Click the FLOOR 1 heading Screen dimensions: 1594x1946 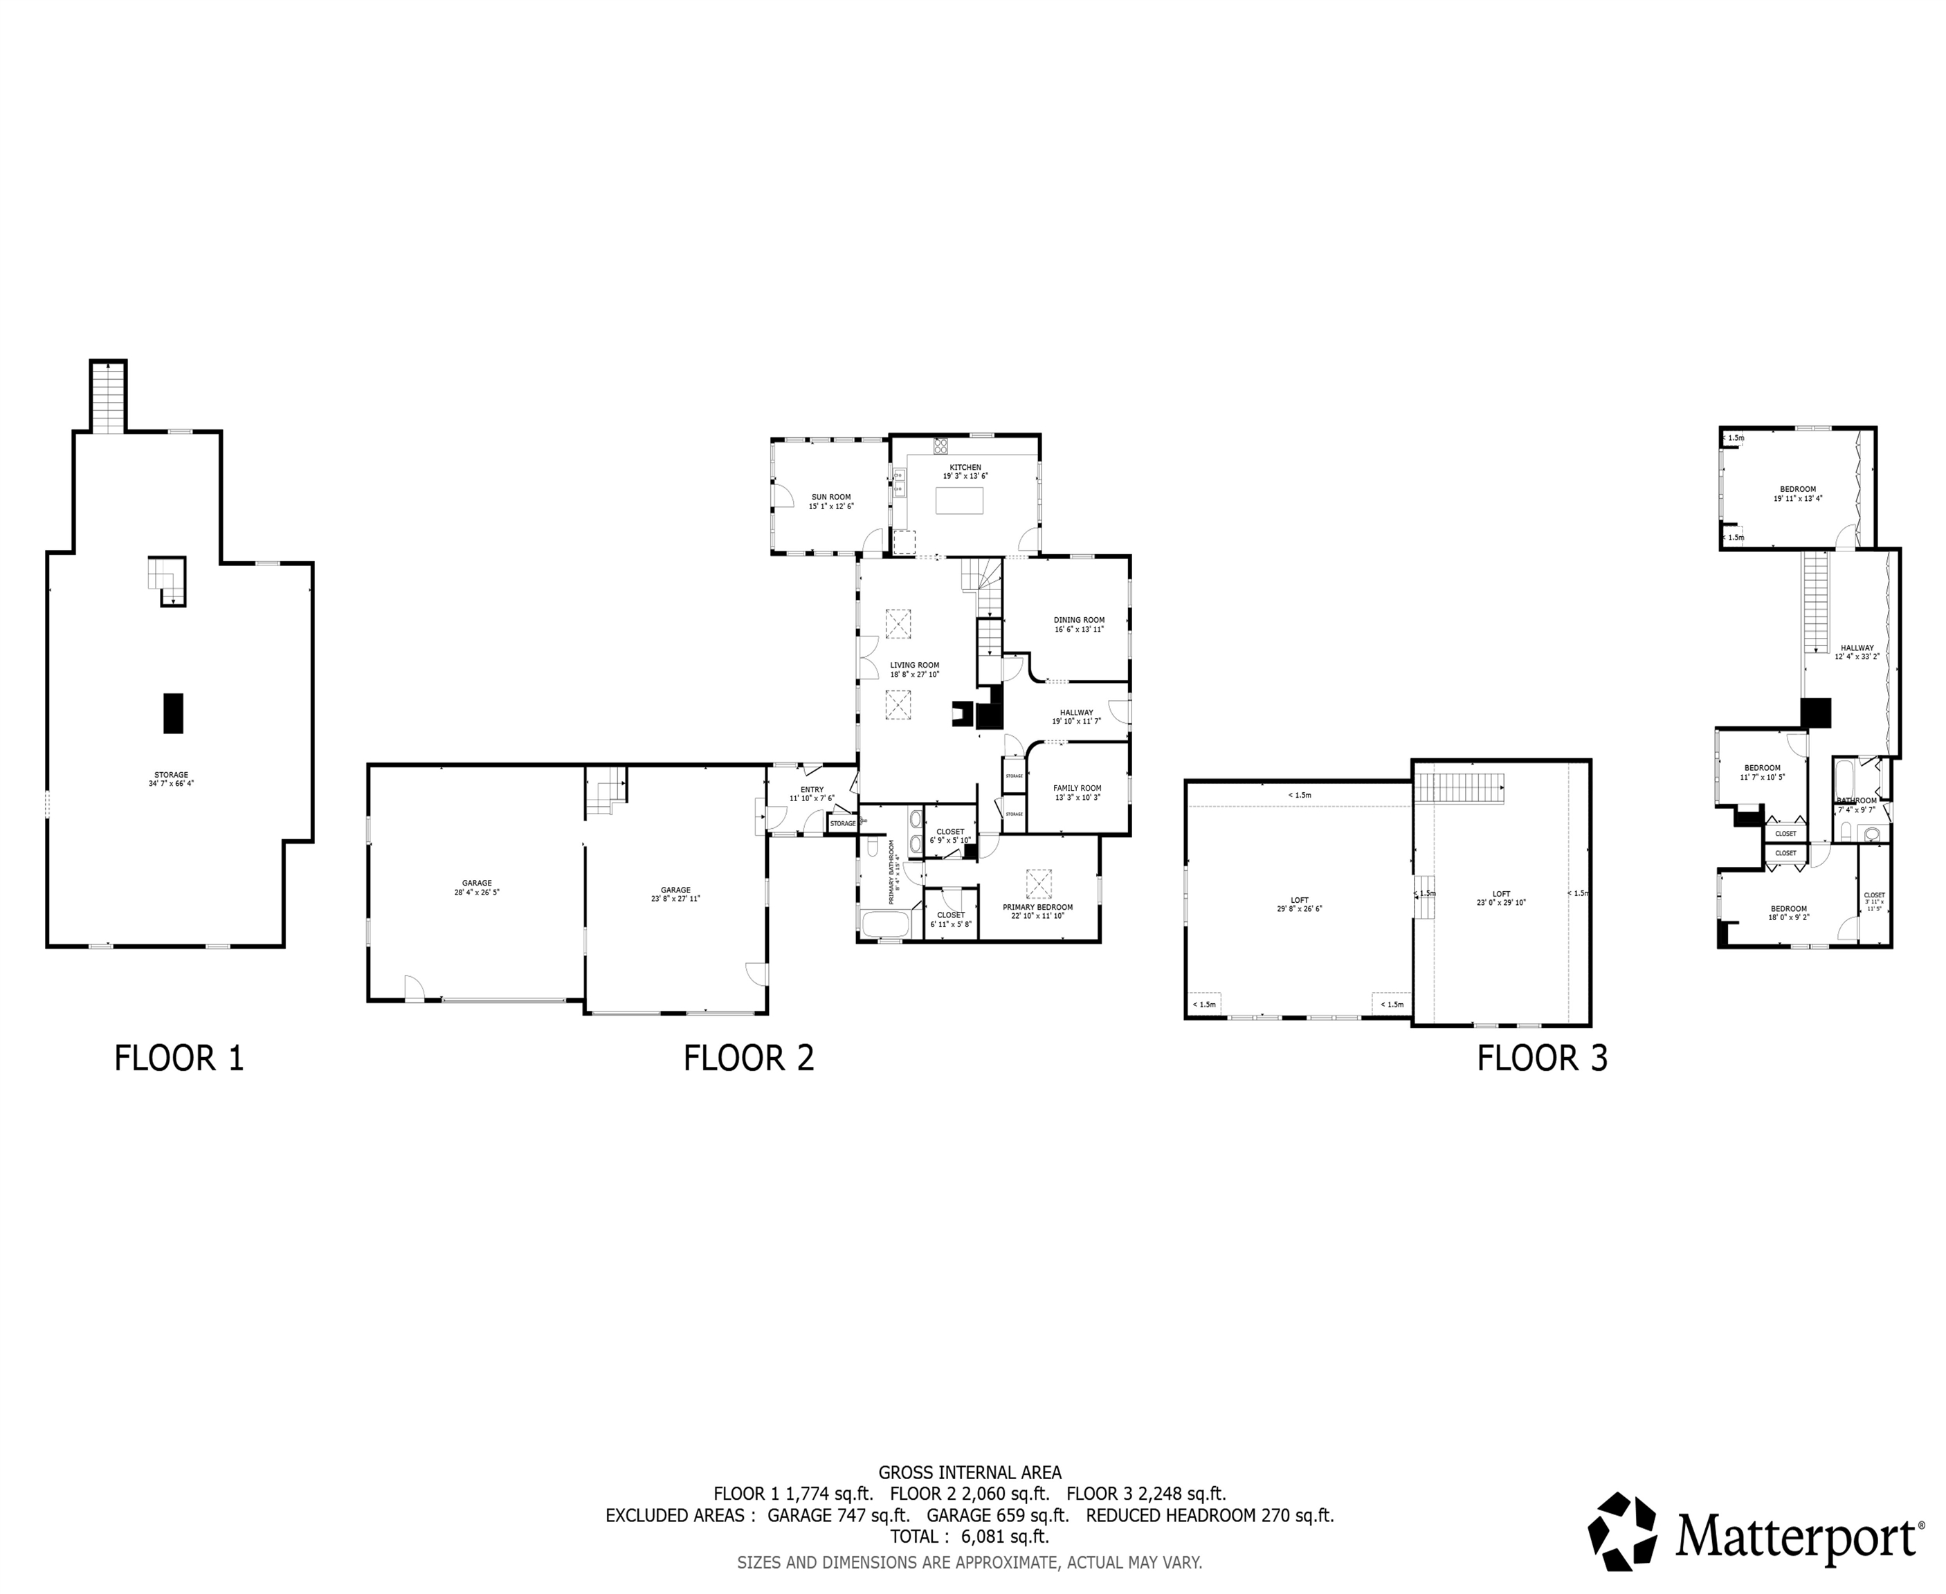coord(179,1058)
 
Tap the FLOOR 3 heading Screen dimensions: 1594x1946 coord(1542,1058)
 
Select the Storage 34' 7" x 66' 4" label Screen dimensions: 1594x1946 coord(171,778)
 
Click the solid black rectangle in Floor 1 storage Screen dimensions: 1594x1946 coord(172,713)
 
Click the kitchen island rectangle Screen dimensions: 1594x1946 coord(958,500)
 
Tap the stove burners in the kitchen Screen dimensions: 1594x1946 coord(940,446)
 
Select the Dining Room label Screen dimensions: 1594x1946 coord(1079,624)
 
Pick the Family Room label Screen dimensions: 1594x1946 coord(1077,792)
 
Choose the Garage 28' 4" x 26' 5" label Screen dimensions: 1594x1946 coord(477,888)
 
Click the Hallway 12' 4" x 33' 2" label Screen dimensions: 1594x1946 coord(1857,652)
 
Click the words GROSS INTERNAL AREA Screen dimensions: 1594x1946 coord(970,1474)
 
